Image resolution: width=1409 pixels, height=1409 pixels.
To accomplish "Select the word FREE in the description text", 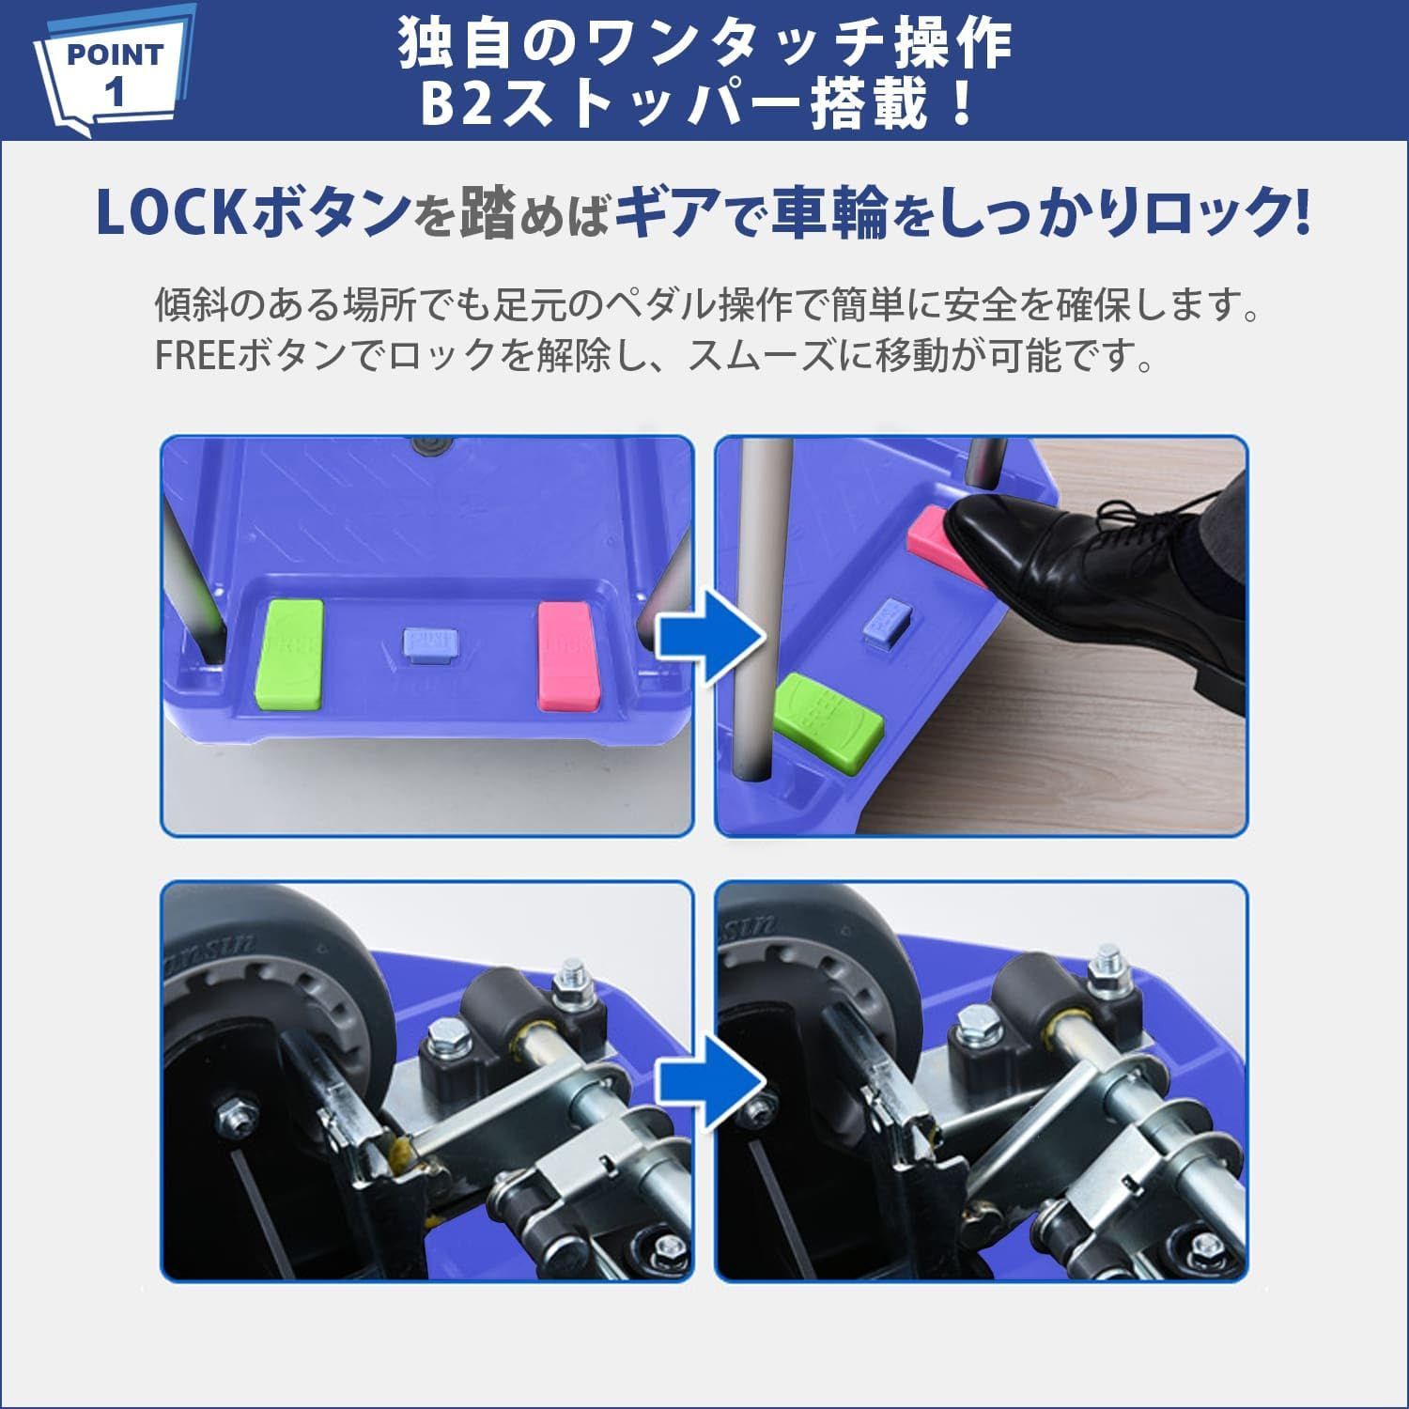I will pos(195,356).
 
